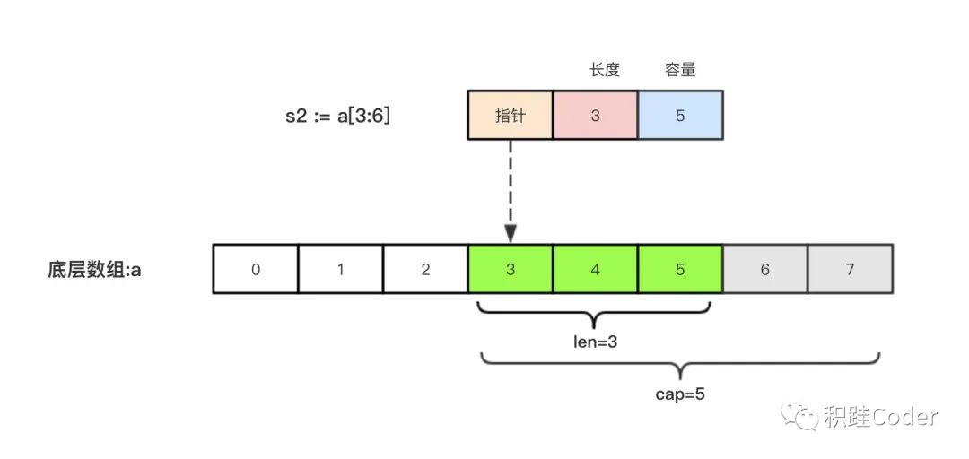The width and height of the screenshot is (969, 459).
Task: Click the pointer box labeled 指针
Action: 510,116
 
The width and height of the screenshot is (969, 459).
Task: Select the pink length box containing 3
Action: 595,116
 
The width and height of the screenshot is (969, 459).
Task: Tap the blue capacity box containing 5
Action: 680,116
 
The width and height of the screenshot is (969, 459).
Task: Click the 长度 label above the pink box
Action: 605,70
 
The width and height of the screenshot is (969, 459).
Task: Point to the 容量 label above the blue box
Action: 680,70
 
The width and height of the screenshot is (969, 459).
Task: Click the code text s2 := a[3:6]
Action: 337,116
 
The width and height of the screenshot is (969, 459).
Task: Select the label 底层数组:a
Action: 95,268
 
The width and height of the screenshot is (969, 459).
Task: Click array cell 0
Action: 256,268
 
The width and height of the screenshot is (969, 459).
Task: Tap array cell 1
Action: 340,268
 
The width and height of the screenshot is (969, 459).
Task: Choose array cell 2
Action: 425,268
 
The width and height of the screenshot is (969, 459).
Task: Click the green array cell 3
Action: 510,268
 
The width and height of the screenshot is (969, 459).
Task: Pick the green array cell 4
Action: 595,268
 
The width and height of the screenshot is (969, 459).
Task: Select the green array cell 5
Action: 680,268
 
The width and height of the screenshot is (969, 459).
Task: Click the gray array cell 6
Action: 764,268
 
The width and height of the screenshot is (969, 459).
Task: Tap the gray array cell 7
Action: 850,268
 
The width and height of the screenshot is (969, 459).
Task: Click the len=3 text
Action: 595,342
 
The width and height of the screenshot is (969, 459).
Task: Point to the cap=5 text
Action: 680,394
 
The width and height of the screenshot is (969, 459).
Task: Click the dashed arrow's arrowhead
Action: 510,235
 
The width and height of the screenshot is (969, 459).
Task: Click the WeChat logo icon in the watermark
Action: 799,416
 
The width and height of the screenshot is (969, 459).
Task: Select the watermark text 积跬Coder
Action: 879,417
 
